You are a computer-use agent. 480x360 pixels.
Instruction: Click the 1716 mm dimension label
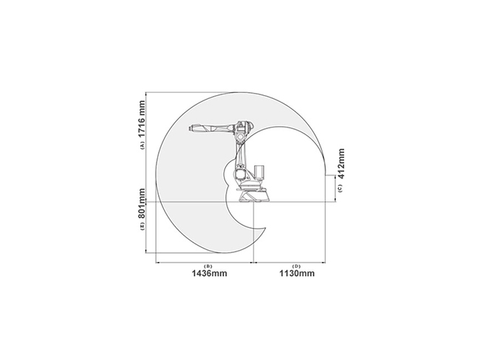(x=141, y=119)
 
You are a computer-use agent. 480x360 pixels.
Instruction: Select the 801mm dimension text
(x=141, y=204)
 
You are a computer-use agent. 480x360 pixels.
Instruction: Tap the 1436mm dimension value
(x=210, y=273)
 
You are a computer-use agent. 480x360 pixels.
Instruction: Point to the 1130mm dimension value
(x=297, y=273)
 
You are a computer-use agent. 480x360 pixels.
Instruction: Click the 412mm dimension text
(x=340, y=164)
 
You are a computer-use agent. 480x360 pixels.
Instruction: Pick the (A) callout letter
(x=142, y=145)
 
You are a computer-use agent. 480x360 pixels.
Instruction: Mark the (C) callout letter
(x=340, y=188)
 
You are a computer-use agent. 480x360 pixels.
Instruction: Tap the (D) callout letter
(x=296, y=266)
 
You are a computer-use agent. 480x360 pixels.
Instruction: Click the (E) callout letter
(x=142, y=226)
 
